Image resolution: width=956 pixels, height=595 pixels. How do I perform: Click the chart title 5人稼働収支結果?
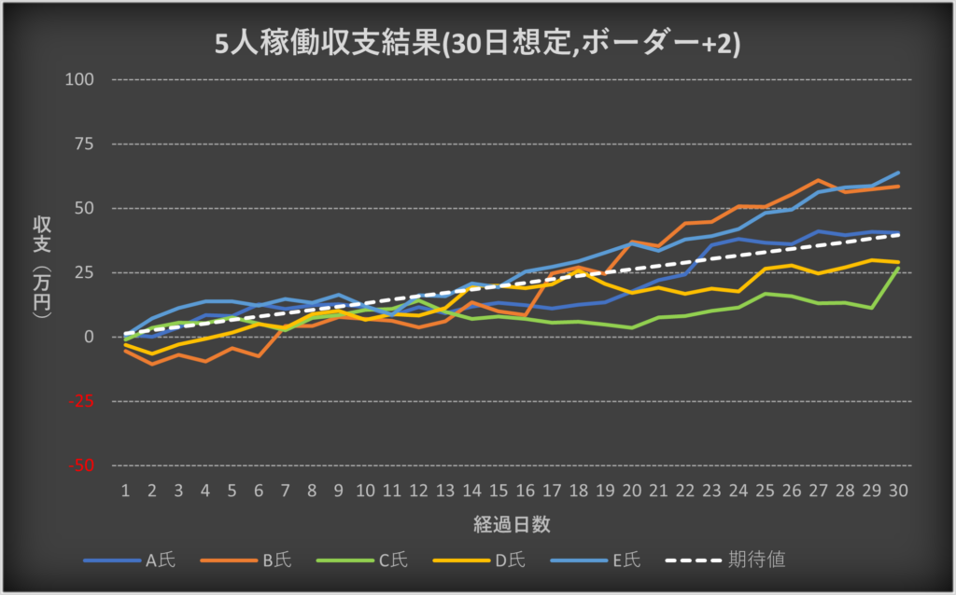(x=477, y=44)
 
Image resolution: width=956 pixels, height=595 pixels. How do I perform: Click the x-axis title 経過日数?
(x=511, y=524)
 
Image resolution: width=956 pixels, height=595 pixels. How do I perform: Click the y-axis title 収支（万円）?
(x=42, y=270)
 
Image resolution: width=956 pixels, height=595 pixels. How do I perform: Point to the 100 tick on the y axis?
(x=81, y=79)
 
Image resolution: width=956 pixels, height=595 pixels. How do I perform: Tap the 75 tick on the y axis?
(x=85, y=144)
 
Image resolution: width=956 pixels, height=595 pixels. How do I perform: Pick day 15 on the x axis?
(x=499, y=491)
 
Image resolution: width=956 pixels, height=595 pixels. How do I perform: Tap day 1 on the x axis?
(x=125, y=491)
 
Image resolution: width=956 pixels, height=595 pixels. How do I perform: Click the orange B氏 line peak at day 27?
(x=819, y=180)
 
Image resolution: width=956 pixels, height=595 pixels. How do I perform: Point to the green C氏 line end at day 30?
(x=899, y=269)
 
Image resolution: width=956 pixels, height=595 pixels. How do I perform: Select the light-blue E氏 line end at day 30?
(x=899, y=173)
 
